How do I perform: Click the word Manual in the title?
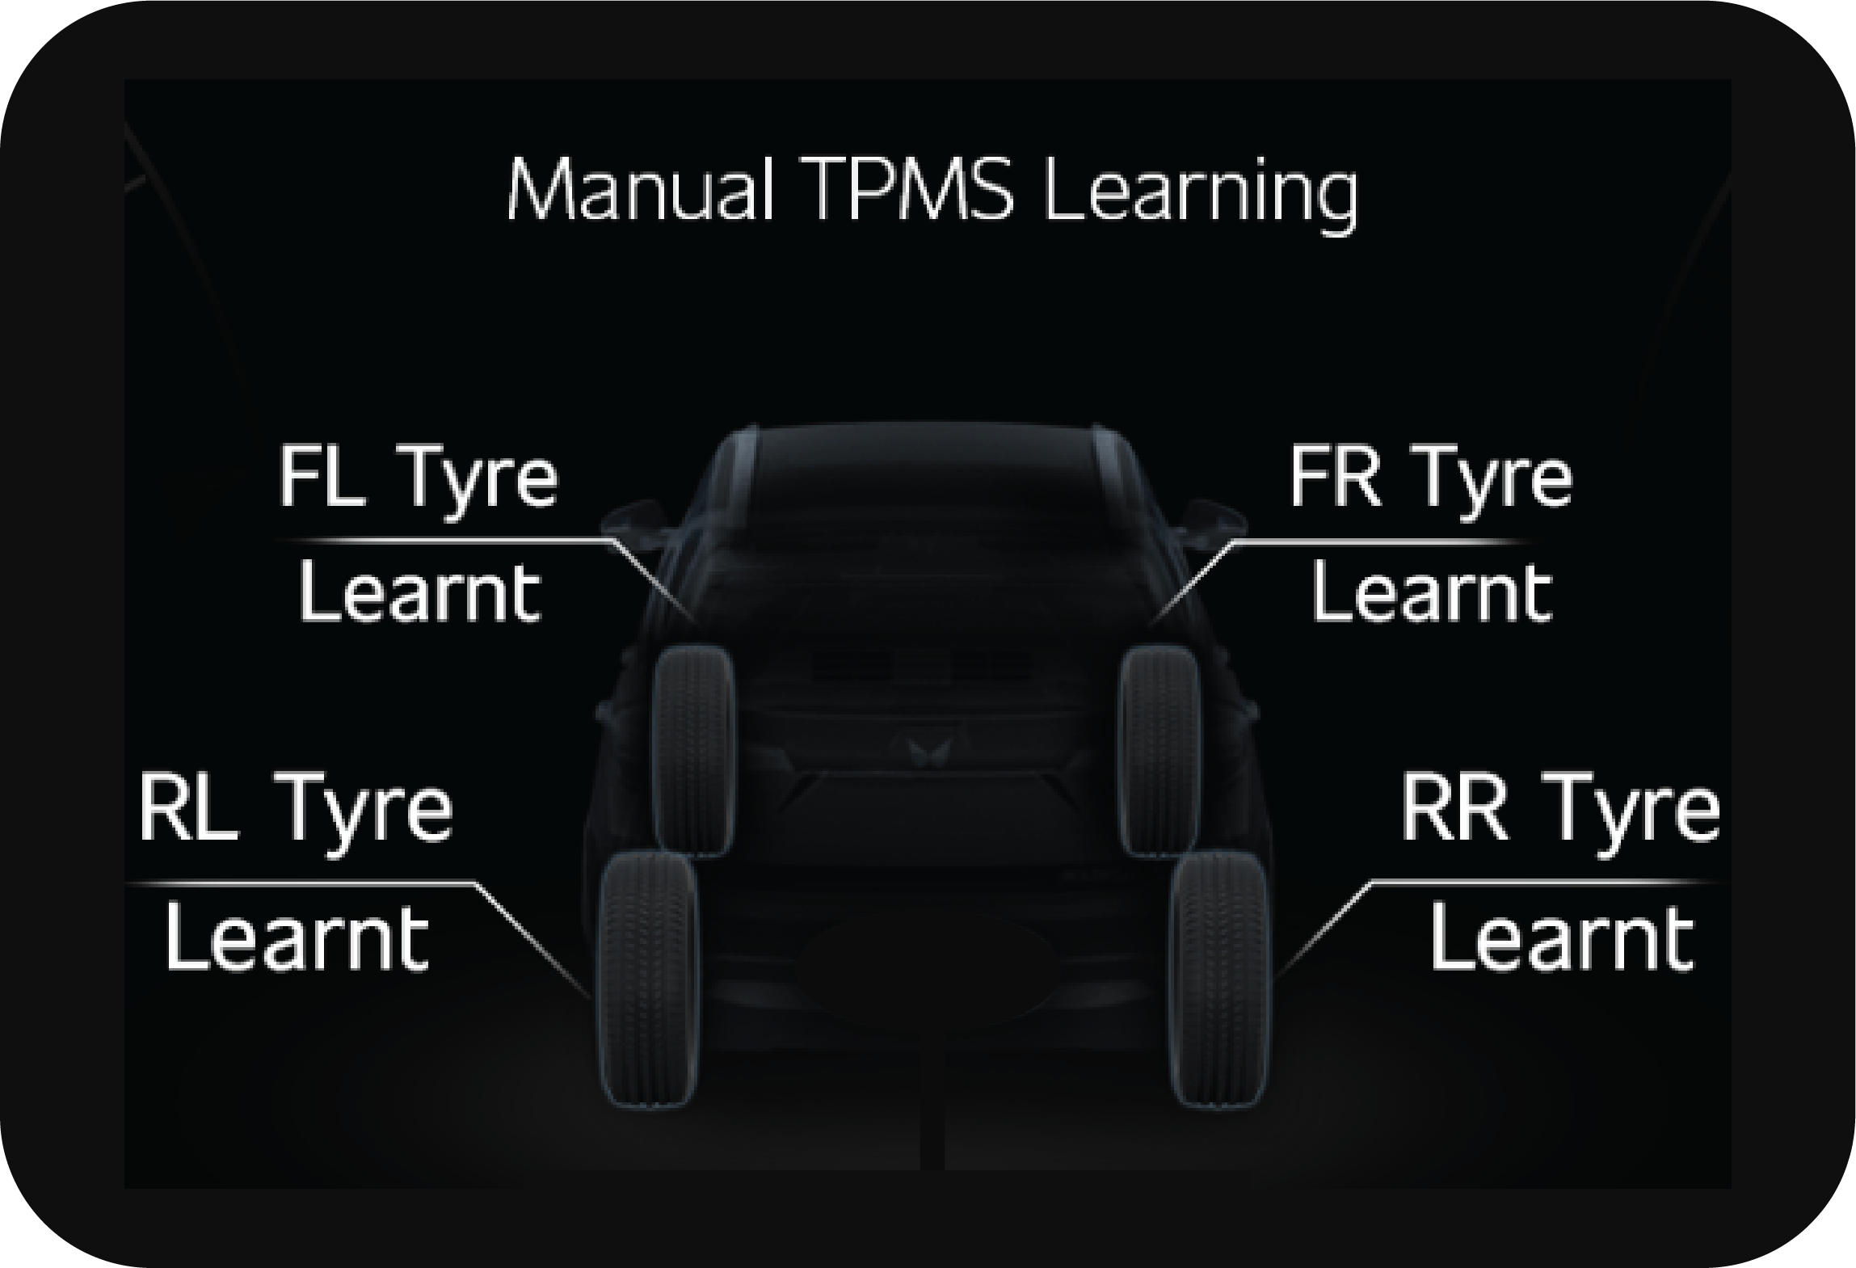pyautogui.click(x=638, y=191)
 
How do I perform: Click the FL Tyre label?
pyautogui.click(x=418, y=478)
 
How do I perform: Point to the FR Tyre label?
pyautogui.click(x=1430, y=478)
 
